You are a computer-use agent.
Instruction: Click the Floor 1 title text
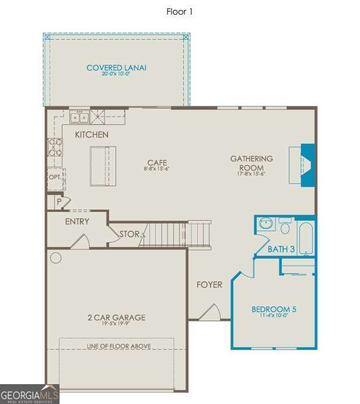point(180,11)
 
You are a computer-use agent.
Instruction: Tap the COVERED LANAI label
point(116,68)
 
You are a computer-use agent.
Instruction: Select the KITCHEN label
point(92,135)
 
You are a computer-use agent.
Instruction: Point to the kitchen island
point(103,165)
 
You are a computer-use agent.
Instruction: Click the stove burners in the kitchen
point(55,147)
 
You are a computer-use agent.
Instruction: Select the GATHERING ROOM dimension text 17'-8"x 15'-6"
point(251,173)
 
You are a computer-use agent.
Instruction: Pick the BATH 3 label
point(281,249)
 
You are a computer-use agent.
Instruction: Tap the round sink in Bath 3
point(266,224)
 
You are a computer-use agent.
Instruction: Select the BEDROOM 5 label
point(274,309)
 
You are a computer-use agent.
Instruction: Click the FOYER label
point(209,285)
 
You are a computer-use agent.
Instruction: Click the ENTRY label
point(77,221)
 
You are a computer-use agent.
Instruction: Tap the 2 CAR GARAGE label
point(116,318)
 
